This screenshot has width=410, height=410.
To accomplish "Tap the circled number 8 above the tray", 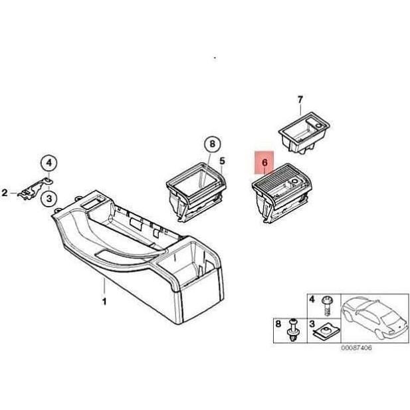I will tap(211, 144).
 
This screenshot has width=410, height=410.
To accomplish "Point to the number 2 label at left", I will tap(5, 193).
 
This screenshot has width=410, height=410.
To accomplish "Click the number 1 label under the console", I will tap(104, 302).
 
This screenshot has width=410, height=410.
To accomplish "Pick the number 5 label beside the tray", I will tap(222, 160).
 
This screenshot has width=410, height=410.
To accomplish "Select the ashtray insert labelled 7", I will tap(302, 134).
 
